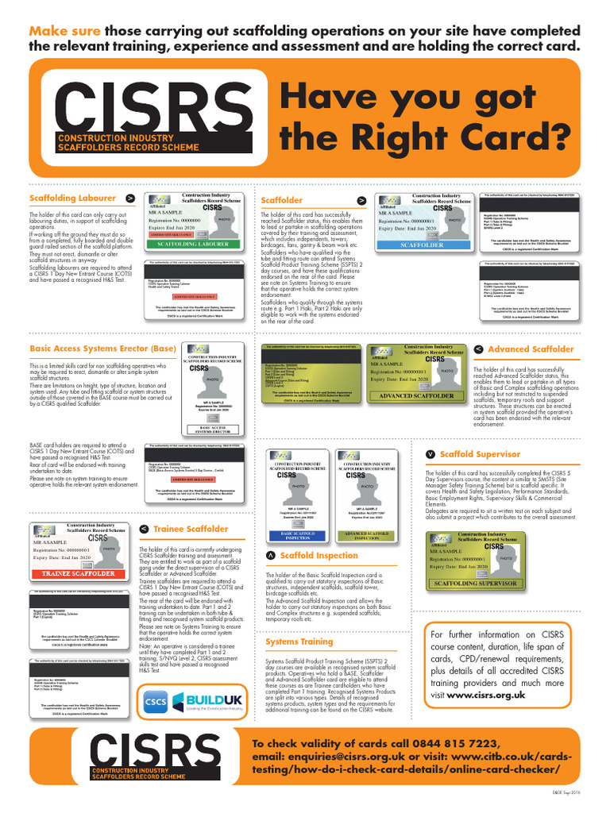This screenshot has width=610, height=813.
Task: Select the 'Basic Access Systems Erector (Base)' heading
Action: (x=102, y=348)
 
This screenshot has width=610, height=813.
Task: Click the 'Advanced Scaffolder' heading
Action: (x=531, y=349)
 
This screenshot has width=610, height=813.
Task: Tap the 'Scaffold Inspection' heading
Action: (x=319, y=556)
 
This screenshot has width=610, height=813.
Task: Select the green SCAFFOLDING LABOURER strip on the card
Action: (x=194, y=245)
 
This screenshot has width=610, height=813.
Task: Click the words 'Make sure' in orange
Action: (x=65, y=31)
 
